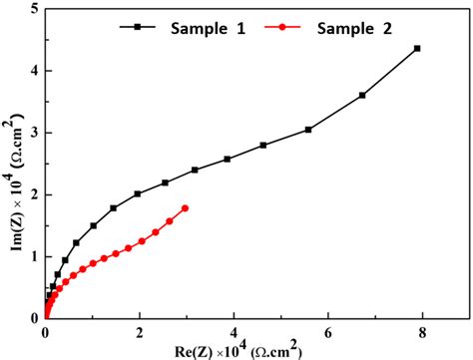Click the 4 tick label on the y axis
tap(35, 70)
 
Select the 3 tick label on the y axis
tap(35, 133)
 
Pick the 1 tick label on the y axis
tap(35, 256)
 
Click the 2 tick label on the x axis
tap(140, 333)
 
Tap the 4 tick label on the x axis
tap(235, 333)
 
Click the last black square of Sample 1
tap(417, 48)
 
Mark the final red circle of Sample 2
tap(186, 207)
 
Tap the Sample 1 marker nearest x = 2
tap(138, 193)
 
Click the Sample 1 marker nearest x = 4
tap(228, 160)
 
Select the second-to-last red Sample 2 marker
tap(170, 221)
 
